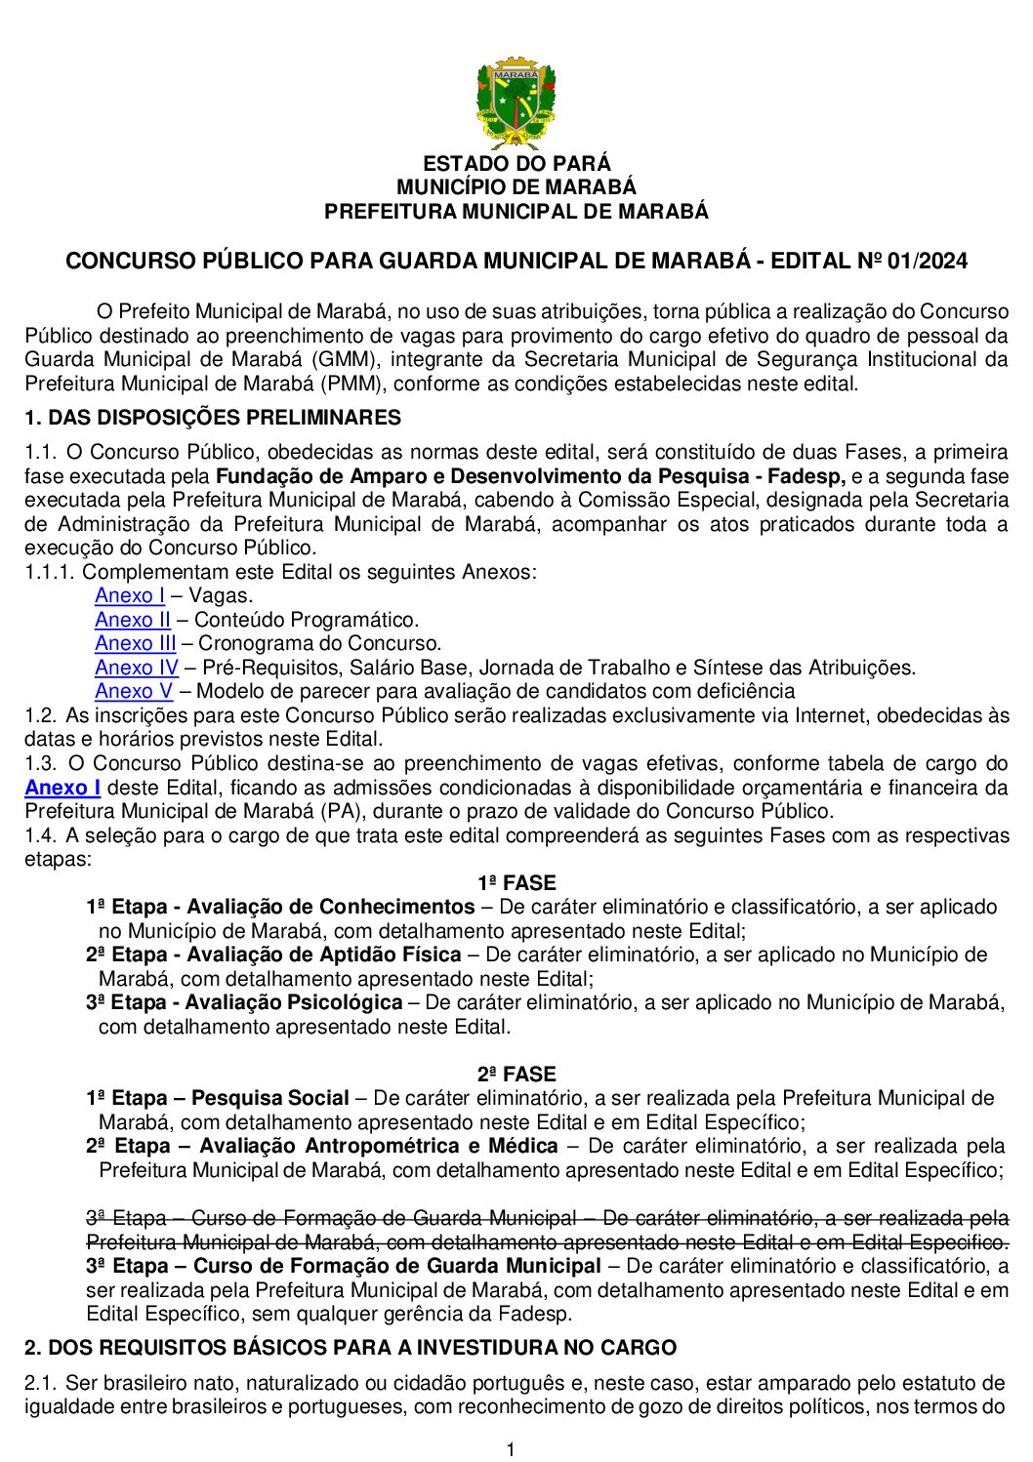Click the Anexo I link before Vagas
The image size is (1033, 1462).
pos(130,595)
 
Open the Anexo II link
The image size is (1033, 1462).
pos(133,620)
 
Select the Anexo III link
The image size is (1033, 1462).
pos(136,643)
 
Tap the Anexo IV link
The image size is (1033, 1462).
pos(137,668)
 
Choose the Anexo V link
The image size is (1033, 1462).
pos(134,691)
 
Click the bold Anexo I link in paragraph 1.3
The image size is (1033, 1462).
pos(62,788)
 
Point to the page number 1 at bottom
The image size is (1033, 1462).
pos(511,1449)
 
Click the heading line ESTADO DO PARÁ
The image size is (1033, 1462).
pos(516,164)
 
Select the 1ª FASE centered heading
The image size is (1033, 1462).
pos(516,883)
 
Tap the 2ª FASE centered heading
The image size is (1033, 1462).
pos(516,1075)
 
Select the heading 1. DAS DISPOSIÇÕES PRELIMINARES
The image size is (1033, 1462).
pos(213,418)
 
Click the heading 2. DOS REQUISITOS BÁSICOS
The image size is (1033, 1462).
pos(351,1348)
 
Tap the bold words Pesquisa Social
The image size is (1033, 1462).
pos(270,1098)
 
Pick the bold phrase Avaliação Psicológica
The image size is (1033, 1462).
pos(293,1002)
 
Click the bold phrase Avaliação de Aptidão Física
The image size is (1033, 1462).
pos(323,954)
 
